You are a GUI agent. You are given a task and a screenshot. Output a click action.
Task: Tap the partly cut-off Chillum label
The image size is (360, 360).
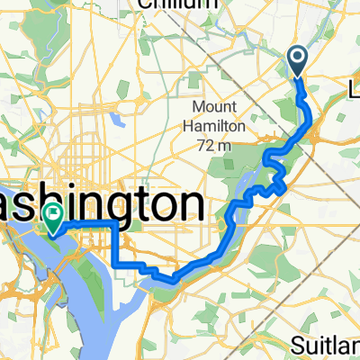click(179, 4)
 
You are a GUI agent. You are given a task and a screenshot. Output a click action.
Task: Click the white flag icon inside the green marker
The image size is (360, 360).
click(54, 214)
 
